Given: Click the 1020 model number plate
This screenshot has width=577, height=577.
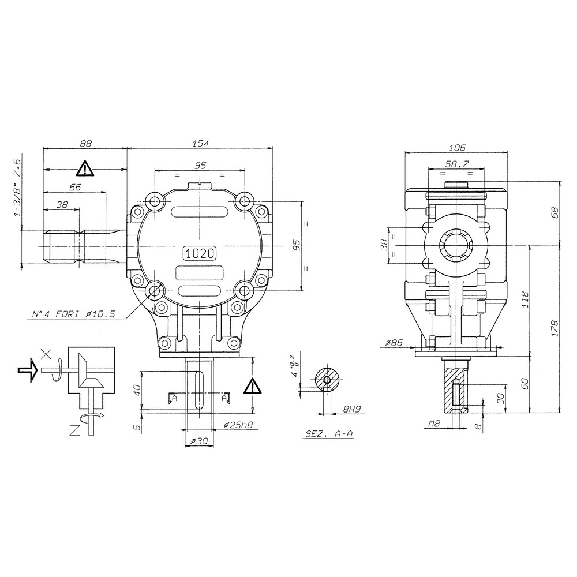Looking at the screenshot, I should (199, 252).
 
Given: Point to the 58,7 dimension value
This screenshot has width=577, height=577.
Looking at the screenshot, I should (456, 164).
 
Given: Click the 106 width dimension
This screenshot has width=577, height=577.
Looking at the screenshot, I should (456, 148).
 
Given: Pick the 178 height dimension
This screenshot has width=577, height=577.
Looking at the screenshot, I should (554, 328).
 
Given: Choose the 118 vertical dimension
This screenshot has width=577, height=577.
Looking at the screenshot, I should (524, 300).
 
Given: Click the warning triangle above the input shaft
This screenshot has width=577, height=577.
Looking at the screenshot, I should (85, 168).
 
